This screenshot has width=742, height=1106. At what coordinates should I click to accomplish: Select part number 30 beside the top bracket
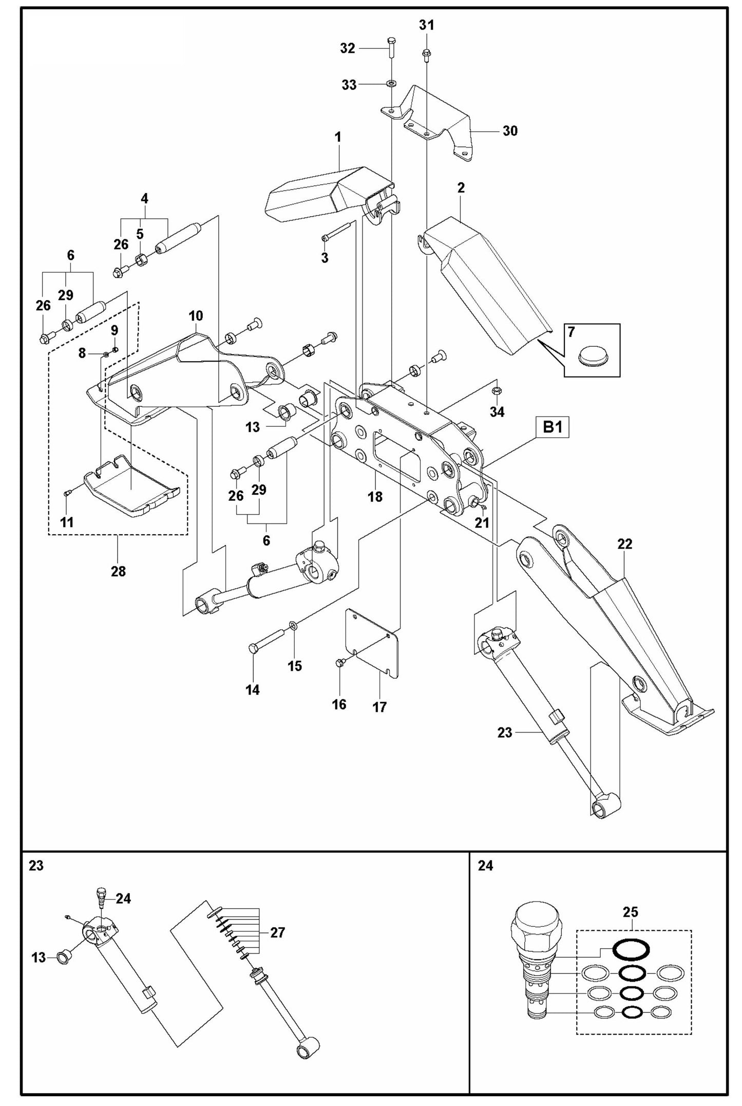pyautogui.click(x=509, y=131)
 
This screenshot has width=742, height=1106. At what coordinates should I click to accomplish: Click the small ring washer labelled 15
pyautogui.click(x=293, y=625)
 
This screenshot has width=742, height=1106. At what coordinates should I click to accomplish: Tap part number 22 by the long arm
pyautogui.click(x=624, y=543)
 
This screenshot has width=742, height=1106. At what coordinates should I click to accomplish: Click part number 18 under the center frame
pyautogui.click(x=375, y=497)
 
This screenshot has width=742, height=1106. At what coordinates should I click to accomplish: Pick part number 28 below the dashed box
pyautogui.click(x=118, y=571)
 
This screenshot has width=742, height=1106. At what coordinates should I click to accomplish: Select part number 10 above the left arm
pyautogui.click(x=196, y=316)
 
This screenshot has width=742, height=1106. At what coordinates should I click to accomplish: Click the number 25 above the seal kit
pyautogui.click(x=630, y=912)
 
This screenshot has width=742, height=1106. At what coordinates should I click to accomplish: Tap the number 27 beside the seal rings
pyautogui.click(x=277, y=932)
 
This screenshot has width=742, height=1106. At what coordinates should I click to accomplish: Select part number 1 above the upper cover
pyautogui.click(x=338, y=138)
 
